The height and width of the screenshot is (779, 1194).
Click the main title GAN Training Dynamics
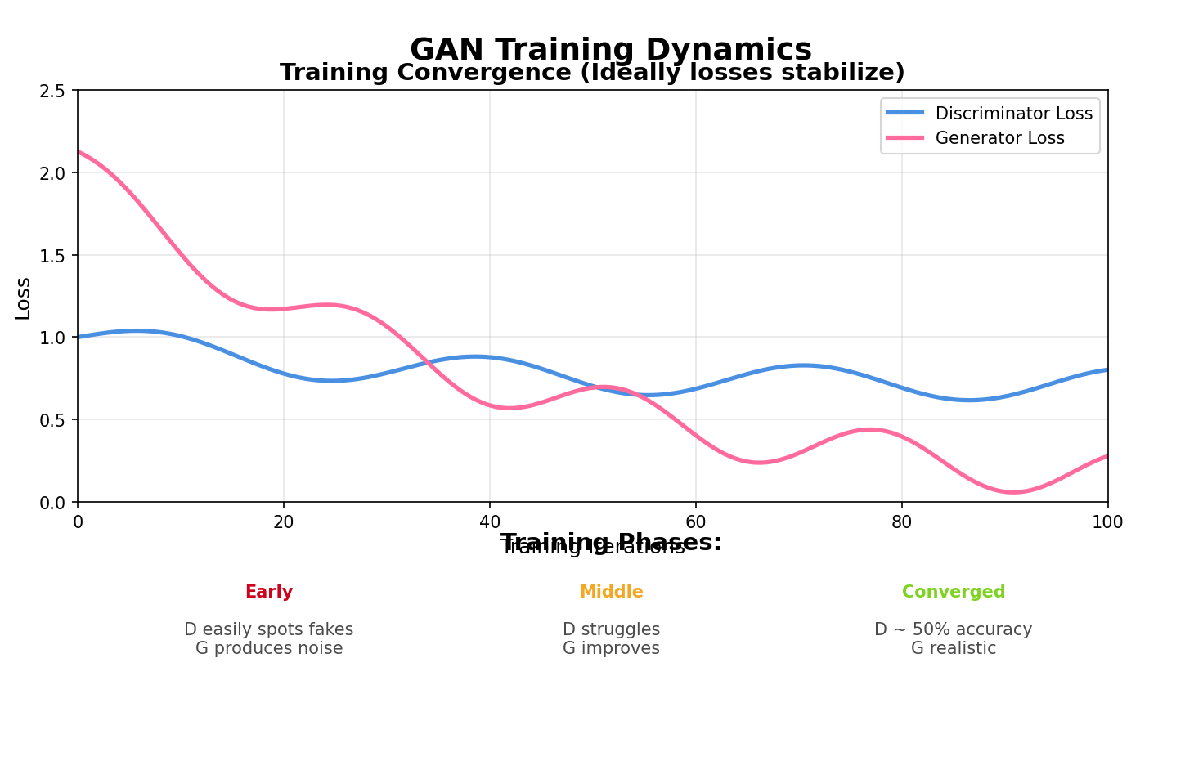point(610,50)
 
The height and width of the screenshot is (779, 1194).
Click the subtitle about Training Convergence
point(592,73)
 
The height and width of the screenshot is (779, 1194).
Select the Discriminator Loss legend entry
point(1013,114)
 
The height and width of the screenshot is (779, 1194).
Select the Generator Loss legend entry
point(999,138)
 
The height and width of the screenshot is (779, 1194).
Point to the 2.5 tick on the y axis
point(52,91)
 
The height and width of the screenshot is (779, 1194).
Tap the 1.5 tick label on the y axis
point(52,255)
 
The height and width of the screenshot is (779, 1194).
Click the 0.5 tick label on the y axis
point(52,420)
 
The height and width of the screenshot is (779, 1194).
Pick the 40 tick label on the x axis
point(490,522)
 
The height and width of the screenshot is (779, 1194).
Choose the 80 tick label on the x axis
point(902,522)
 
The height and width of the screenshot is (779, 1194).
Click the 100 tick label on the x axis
point(1107,522)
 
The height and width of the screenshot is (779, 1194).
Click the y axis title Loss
point(23,298)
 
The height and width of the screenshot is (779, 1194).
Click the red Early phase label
point(268,592)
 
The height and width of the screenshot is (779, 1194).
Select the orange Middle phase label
point(611,592)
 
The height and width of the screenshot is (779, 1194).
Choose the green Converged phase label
point(953,592)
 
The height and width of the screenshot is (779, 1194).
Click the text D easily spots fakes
point(268,629)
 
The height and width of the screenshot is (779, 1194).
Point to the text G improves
point(611,648)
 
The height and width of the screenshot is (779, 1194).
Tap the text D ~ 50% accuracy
point(953,629)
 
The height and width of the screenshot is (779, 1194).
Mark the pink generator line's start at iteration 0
point(79,152)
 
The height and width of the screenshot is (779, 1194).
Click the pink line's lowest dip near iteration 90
point(1013,492)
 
